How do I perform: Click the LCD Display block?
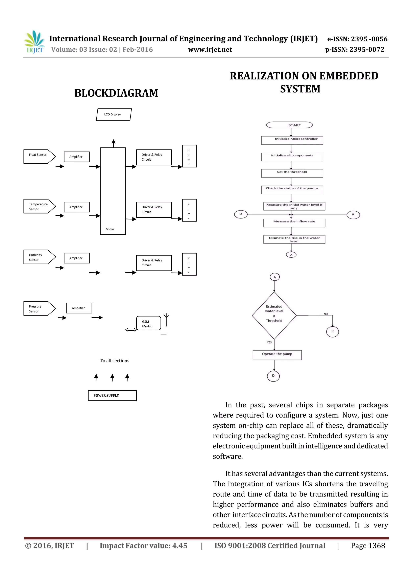tap(114, 114)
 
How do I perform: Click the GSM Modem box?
tap(148, 323)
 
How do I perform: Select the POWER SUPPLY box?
tap(112, 396)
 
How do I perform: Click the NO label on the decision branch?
tap(326, 314)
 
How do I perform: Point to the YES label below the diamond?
tap(269, 342)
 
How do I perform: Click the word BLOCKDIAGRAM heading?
tap(116, 93)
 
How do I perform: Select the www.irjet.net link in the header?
tap(210, 50)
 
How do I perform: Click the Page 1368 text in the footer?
tap(368, 546)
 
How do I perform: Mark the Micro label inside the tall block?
tap(110, 229)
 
